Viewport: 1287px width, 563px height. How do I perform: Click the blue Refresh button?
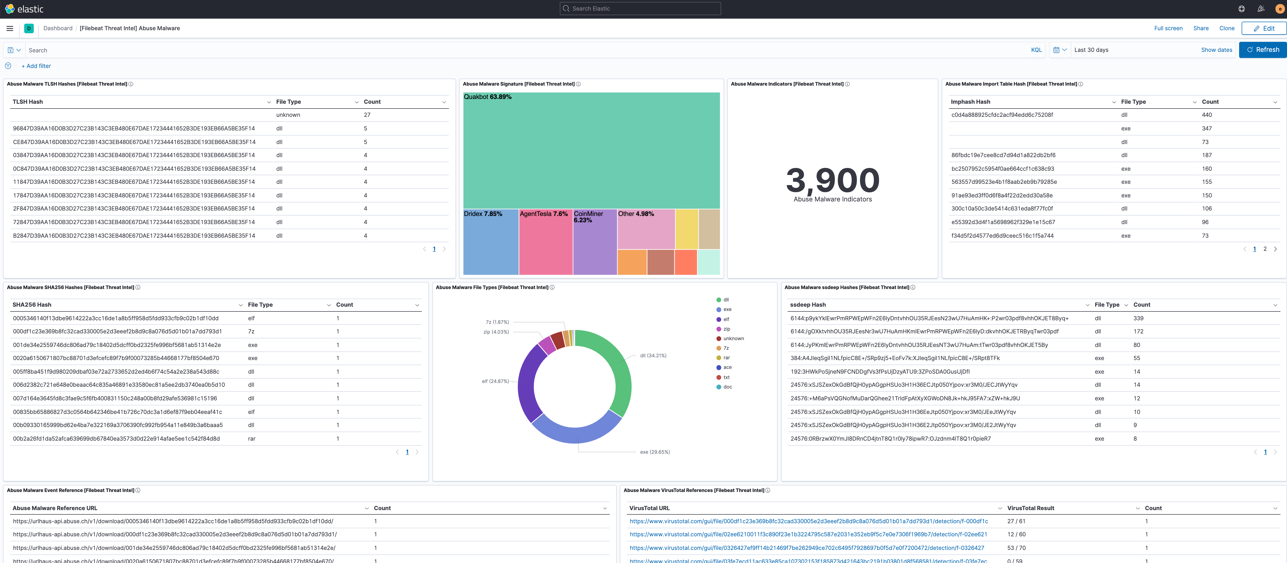pyautogui.click(x=1263, y=50)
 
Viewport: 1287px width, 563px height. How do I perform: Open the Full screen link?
pyautogui.click(x=1168, y=28)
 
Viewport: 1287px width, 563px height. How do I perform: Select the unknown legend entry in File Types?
pyautogui.click(x=733, y=338)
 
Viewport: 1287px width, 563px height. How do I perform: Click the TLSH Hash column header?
pyautogui.click(x=28, y=102)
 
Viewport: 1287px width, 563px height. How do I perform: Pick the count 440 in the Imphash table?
pyautogui.click(x=1207, y=115)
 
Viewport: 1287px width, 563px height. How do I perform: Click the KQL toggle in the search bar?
pyautogui.click(x=1036, y=50)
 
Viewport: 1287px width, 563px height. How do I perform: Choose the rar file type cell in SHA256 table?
pyautogui.click(x=252, y=439)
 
